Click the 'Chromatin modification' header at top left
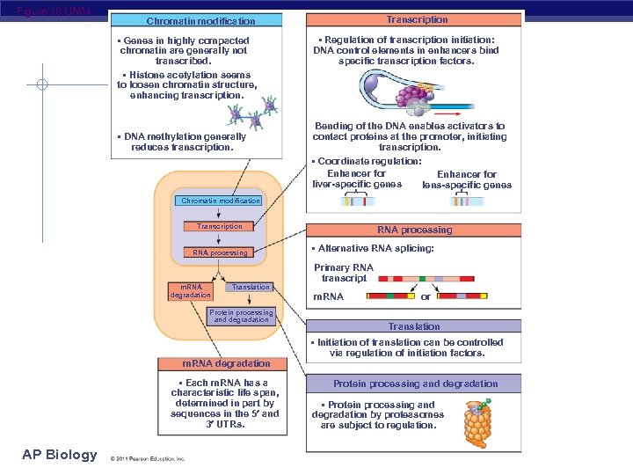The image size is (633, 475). tap(200, 20)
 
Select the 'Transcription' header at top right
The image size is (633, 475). tap(417, 19)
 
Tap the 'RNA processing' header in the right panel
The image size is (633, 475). tap(414, 230)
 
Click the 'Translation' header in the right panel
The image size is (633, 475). tap(414, 326)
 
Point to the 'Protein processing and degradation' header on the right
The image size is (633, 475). tap(415, 384)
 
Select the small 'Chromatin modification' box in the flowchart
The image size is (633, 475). tap(220, 201)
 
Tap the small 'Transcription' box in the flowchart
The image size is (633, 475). tap(220, 226)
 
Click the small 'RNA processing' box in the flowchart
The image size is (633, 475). tap(220, 252)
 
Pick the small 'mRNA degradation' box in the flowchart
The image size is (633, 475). tap(191, 290)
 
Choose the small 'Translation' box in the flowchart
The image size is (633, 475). tap(251, 287)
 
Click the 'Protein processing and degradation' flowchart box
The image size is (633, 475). tap(242, 316)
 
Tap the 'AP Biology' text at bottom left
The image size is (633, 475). tap(60, 454)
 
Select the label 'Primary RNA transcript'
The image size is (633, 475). tap(344, 273)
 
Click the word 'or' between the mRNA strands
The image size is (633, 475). tap(426, 297)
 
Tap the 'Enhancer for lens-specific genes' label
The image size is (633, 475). tap(466, 179)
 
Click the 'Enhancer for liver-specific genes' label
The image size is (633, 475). tap(356, 179)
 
